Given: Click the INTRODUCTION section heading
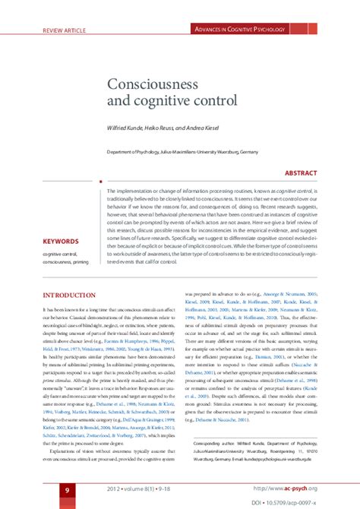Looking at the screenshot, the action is coord(68,294).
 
